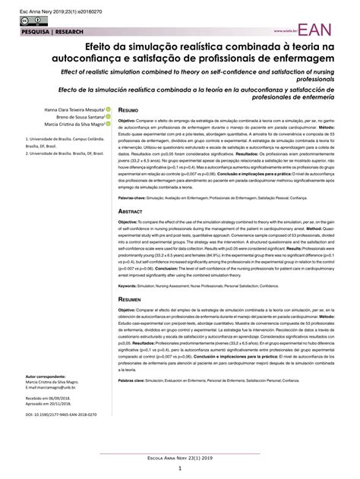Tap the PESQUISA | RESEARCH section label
pos(36,33)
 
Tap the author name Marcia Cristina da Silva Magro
pos(65,128)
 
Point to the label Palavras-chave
pos(132,194)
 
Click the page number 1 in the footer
pos(179,469)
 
